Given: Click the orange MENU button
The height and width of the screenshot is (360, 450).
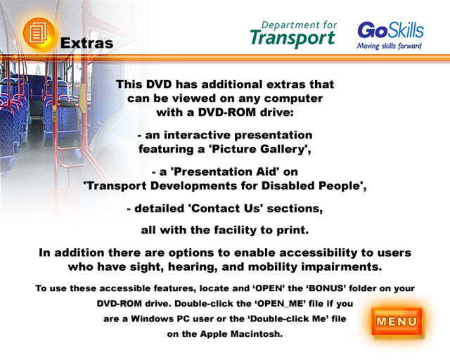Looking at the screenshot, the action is pyautogui.click(x=397, y=321).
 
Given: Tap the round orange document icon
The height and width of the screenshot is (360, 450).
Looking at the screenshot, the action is pyautogui.click(x=39, y=33).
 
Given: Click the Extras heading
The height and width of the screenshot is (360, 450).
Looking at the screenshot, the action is pyautogui.click(x=86, y=43).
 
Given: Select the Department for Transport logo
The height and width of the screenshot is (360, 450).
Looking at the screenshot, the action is pyautogui.click(x=293, y=34).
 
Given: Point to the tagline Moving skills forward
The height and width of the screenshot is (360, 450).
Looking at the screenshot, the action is pyautogui.click(x=389, y=46).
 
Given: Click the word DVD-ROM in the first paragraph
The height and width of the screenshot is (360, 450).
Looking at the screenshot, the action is pyautogui.click(x=226, y=112).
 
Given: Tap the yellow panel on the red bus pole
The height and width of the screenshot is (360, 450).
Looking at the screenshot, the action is pyautogui.click(x=83, y=98).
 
